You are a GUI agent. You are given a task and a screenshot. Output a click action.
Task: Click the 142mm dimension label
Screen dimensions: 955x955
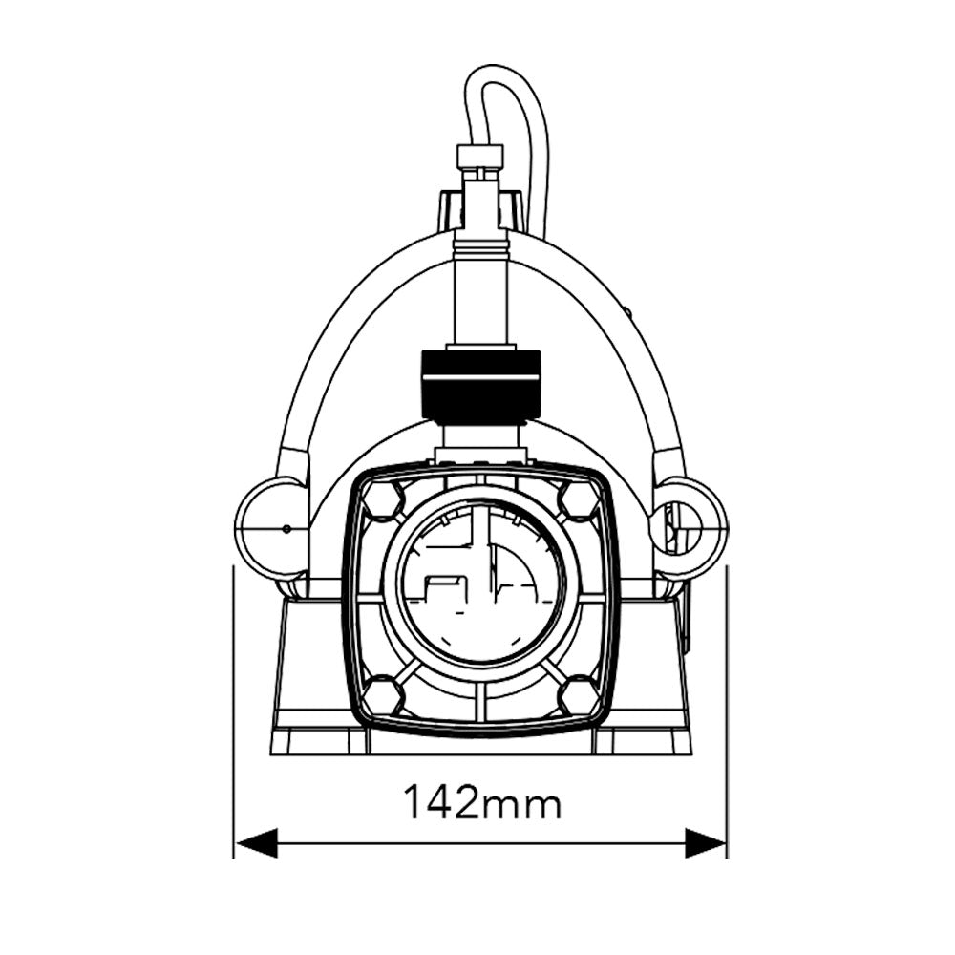(481, 803)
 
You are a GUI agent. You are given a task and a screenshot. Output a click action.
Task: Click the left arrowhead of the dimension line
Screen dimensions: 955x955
(256, 843)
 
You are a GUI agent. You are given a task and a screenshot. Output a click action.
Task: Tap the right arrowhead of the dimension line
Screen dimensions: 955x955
(706, 843)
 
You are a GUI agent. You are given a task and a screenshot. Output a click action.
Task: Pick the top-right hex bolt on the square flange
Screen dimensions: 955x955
(579, 499)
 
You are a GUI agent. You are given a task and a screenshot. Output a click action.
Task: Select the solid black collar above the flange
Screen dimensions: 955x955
(480, 386)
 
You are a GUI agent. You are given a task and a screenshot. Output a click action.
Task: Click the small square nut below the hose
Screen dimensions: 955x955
(479, 157)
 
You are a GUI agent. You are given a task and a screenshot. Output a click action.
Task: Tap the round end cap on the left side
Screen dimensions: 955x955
(270, 528)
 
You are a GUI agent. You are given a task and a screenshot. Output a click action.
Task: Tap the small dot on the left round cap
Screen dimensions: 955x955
(286, 527)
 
